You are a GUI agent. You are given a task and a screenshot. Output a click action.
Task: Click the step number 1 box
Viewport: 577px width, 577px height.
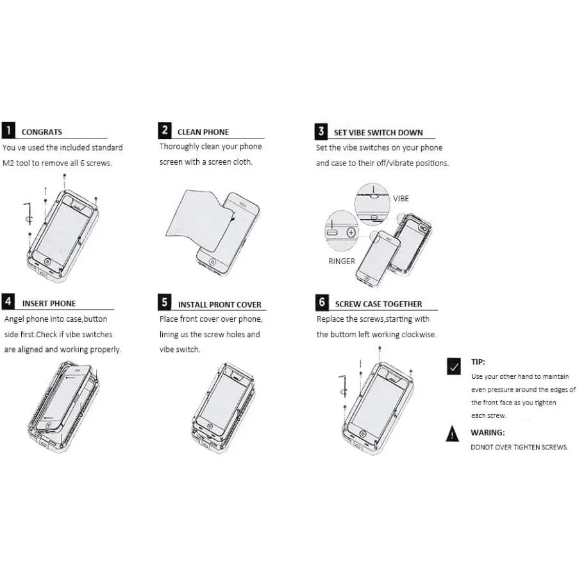[x=8, y=130]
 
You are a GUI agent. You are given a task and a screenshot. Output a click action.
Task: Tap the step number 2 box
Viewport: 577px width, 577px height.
[x=165, y=130]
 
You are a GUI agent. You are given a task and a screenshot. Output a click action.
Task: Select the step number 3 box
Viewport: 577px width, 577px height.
[x=321, y=131]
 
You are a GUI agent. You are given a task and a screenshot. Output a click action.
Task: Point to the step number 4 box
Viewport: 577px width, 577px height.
[x=8, y=301]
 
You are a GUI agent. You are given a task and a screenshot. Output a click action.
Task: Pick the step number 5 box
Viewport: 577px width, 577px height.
[x=165, y=302]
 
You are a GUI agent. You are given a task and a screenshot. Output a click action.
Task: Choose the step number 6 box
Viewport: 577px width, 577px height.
[x=322, y=302]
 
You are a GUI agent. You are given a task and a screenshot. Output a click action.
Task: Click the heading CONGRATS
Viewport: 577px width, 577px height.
[x=42, y=132]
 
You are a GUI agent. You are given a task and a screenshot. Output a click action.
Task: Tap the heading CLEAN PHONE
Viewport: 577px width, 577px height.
[x=203, y=132]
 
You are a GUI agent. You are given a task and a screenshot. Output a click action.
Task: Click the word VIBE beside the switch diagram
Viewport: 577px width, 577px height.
[x=401, y=199]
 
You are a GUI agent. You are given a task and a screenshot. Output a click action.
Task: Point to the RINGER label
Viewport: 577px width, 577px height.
[x=342, y=262]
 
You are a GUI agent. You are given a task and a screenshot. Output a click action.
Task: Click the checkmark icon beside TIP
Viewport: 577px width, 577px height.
[x=454, y=366]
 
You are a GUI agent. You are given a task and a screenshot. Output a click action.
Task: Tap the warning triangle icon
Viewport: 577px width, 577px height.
[x=452, y=433]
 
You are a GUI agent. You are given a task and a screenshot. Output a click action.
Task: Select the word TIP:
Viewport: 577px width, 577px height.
[x=478, y=362]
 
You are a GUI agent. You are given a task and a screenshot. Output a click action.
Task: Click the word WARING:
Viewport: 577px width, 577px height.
[x=488, y=433]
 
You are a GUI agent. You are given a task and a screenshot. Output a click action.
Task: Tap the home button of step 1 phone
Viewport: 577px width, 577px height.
[x=47, y=262]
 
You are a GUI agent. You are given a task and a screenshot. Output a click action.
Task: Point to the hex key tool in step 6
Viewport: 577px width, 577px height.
[x=344, y=386]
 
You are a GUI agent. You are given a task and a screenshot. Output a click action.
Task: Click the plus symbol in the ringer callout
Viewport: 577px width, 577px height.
[x=351, y=233]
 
